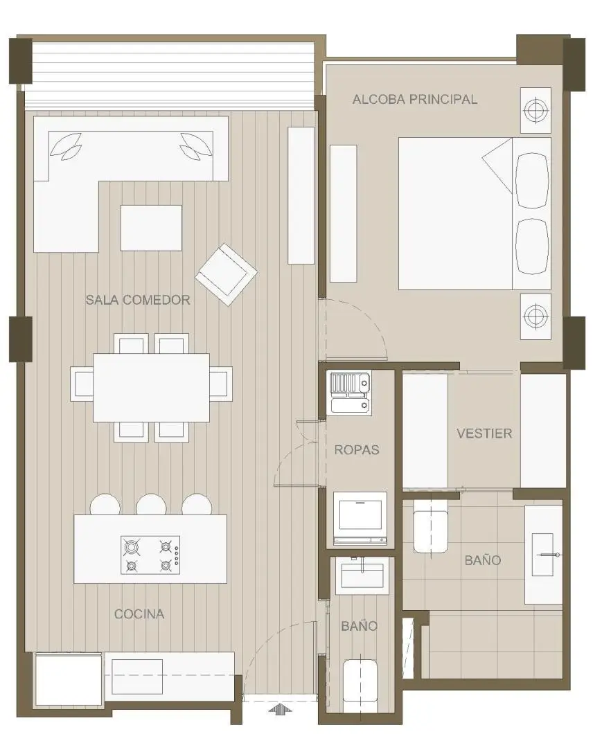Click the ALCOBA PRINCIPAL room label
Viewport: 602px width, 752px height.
415,99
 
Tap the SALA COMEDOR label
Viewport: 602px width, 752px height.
138,300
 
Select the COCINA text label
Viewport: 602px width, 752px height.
139,614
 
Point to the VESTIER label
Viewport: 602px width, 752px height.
484,433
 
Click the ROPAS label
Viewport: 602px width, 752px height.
357,450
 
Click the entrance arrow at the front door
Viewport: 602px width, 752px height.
281,709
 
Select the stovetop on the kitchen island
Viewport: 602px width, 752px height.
150,555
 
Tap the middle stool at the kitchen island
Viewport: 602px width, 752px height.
151,505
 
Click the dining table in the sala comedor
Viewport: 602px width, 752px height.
151,388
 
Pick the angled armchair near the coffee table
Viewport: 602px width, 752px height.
226,274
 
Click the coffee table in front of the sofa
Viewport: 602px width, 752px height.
151,228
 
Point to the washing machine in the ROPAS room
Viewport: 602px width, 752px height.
360,518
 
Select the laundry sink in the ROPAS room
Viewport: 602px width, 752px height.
350,394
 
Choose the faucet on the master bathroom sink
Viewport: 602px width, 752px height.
550,555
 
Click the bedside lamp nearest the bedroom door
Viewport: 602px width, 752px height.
535,316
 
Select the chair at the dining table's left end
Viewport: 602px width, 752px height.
82,384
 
